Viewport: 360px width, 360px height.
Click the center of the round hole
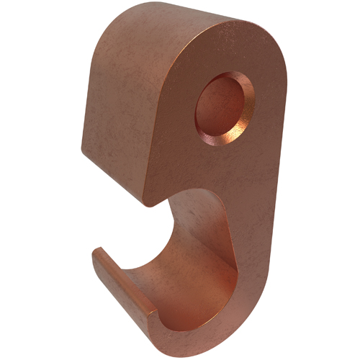click(x=225, y=109)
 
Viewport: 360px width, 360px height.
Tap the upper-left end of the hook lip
click(x=95, y=250)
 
